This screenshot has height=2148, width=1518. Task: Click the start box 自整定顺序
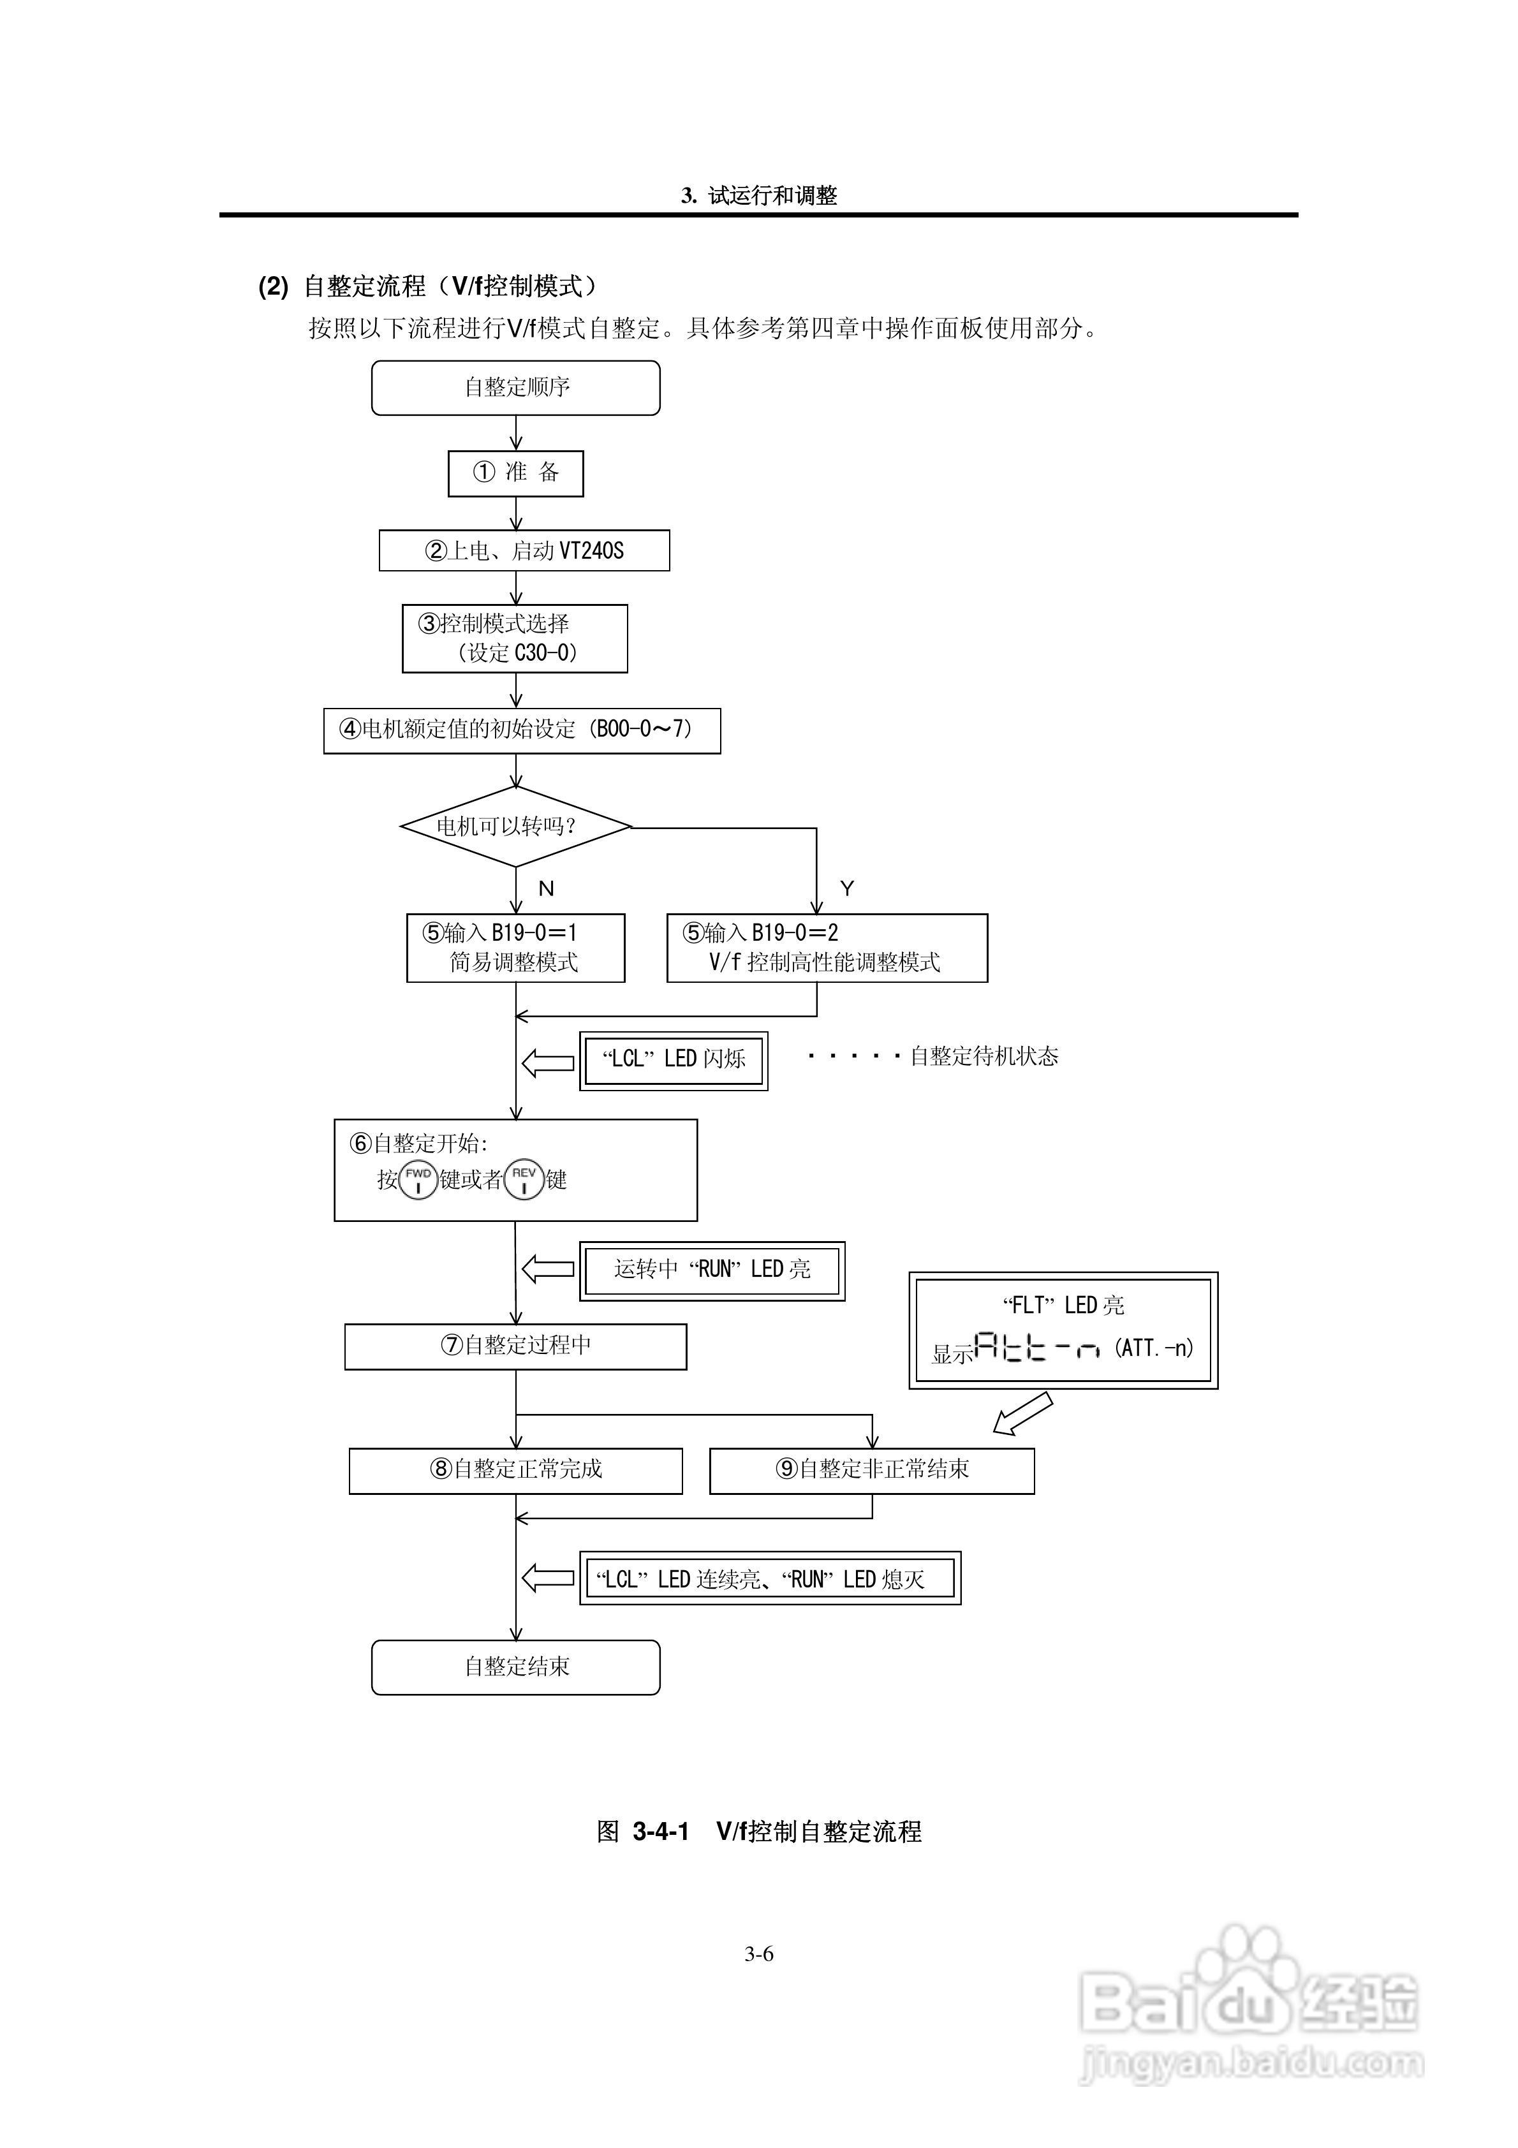515,387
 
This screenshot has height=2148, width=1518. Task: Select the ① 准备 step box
515,473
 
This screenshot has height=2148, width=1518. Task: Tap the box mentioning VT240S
524,550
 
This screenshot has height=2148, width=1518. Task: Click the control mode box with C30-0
515,638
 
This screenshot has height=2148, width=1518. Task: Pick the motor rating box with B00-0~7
522,731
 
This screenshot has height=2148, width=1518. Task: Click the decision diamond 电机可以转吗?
515,827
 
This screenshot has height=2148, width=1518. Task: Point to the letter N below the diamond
547,889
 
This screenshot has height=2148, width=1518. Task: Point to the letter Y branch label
847,888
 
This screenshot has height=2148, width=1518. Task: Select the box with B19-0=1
515,948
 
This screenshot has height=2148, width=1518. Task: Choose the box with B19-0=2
827,948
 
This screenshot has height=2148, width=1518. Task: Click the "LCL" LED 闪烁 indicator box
674,1060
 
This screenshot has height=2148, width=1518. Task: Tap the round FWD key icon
418,1180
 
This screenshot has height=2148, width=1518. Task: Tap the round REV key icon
524,1180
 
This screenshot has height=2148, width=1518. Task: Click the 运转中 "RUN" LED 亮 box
712,1270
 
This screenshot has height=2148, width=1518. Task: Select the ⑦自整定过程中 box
515,1346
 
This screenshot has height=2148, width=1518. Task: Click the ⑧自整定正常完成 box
515,1471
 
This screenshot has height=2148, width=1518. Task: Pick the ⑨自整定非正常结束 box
873,1471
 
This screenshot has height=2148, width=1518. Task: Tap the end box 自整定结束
515,1667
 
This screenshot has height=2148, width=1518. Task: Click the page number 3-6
759,1953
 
